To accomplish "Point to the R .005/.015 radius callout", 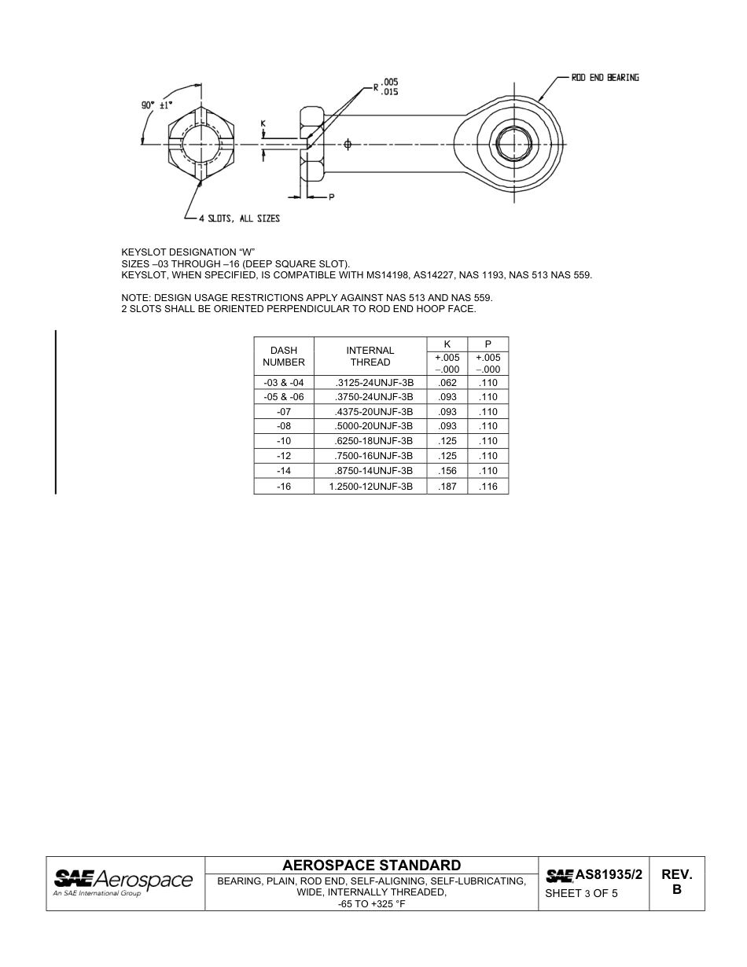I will pyautogui.click(x=385, y=86).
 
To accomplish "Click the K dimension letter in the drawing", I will pyautogui.click(x=263, y=124).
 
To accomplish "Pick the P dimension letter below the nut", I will pyautogui.click(x=332, y=197).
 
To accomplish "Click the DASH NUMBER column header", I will pyautogui.click(x=283, y=356).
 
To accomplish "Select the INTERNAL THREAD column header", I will pyautogui.click(x=370, y=356).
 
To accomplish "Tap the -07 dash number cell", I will pyautogui.click(x=283, y=412).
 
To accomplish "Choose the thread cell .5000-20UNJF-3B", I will pyautogui.click(x=373, y=426).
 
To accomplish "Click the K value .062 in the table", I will pyautogui.click(x=447, y=383).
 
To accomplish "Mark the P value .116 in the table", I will pyautogui.click(x=488, y=487).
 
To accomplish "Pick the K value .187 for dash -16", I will pyautogui.click(x=447, y=487).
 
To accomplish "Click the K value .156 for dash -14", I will pyautogui.click(x=447, y=471).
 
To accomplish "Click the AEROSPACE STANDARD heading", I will pyautogui.click(x=371, y=865).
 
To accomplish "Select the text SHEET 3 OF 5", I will pyautogui.click(x=581, y=893).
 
